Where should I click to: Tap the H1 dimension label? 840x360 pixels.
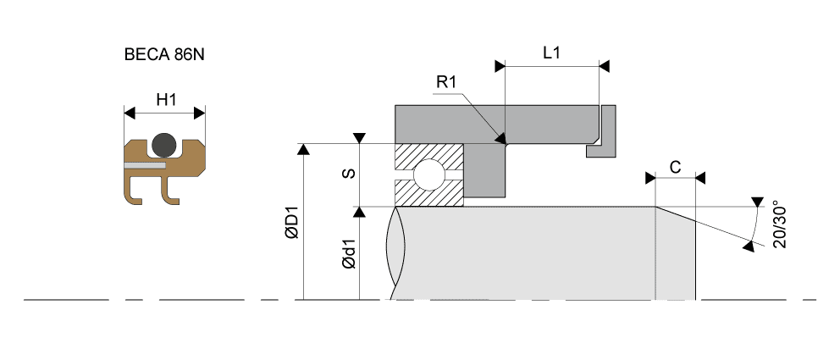click(165, 100)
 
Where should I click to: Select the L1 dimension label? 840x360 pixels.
click(551, 53)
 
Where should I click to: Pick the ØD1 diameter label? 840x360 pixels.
click(290, 225)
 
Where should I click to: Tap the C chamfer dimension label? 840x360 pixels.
click(675, 167)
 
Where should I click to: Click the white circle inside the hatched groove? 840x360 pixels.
click(427, 175)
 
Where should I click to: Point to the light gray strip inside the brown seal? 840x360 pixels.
click(144, 167)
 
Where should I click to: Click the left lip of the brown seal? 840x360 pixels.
click(134, 193)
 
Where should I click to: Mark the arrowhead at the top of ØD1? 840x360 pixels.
click(303, 150)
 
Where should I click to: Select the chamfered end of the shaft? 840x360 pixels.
click(676, 254)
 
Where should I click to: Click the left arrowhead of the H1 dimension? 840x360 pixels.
click(130, 112)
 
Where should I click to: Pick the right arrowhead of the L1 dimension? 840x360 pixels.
click(604, 64)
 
